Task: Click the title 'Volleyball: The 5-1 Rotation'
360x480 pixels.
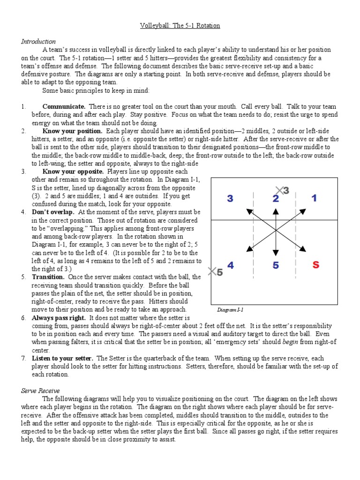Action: [180, 26]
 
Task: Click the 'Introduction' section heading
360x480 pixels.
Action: [38, 42]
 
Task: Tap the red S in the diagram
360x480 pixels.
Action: [315, 265]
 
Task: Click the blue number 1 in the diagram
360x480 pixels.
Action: [314, 198]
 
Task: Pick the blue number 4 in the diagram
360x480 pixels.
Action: [230, 266]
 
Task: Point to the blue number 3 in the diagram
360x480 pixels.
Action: [230, 199]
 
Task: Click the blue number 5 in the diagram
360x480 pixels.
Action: [276, 266]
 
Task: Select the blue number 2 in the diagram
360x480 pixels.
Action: [276, 199]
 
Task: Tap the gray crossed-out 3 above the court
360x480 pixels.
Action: [283, 190]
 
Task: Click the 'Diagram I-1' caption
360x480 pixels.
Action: [231, 310]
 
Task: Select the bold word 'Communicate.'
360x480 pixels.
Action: [64, 107]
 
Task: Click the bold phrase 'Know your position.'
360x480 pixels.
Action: [72, 131]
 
